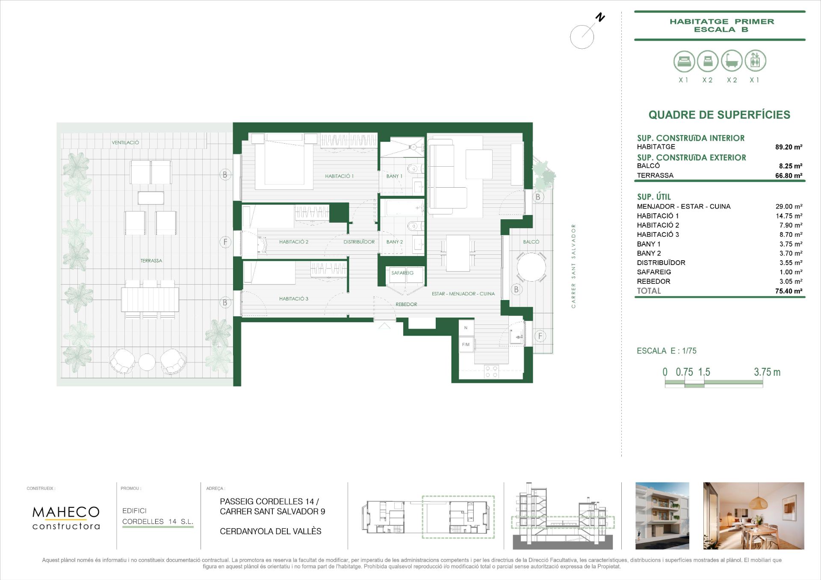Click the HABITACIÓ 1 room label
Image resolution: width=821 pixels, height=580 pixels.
(x=339, y=176)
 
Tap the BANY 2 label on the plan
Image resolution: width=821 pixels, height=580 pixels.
(x=394, y=242)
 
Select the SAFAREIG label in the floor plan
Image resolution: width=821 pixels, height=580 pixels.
(x=402, y=273)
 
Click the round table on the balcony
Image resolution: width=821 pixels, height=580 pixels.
(x=531, y=267)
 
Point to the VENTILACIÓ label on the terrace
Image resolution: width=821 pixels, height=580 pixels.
(x=125, y=143)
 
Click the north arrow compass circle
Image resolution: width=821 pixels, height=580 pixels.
(x=582, y=37)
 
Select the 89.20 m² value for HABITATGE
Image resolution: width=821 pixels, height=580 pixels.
(x=789, y=147)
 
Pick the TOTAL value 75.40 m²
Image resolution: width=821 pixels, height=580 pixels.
(x=789, y=291)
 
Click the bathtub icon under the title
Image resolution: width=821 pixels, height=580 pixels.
(x=732, y=61)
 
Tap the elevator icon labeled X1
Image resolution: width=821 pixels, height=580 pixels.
(x=755, y=61)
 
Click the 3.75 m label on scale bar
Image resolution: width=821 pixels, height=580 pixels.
(x=767, y=372)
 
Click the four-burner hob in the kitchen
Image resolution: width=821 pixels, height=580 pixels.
(x=491, y=371)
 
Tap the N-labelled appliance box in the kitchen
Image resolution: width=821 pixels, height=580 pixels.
(x=466, y=328)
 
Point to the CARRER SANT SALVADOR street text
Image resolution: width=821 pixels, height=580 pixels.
(x=573, y=266)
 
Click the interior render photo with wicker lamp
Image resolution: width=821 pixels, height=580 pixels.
(x=753, y=516)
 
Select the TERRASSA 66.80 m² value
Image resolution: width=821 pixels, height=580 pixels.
(x=789, y=176)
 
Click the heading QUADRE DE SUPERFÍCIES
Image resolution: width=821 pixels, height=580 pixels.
(x=719, y=115)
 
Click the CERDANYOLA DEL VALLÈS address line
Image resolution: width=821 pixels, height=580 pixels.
(x=270, y=531)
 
